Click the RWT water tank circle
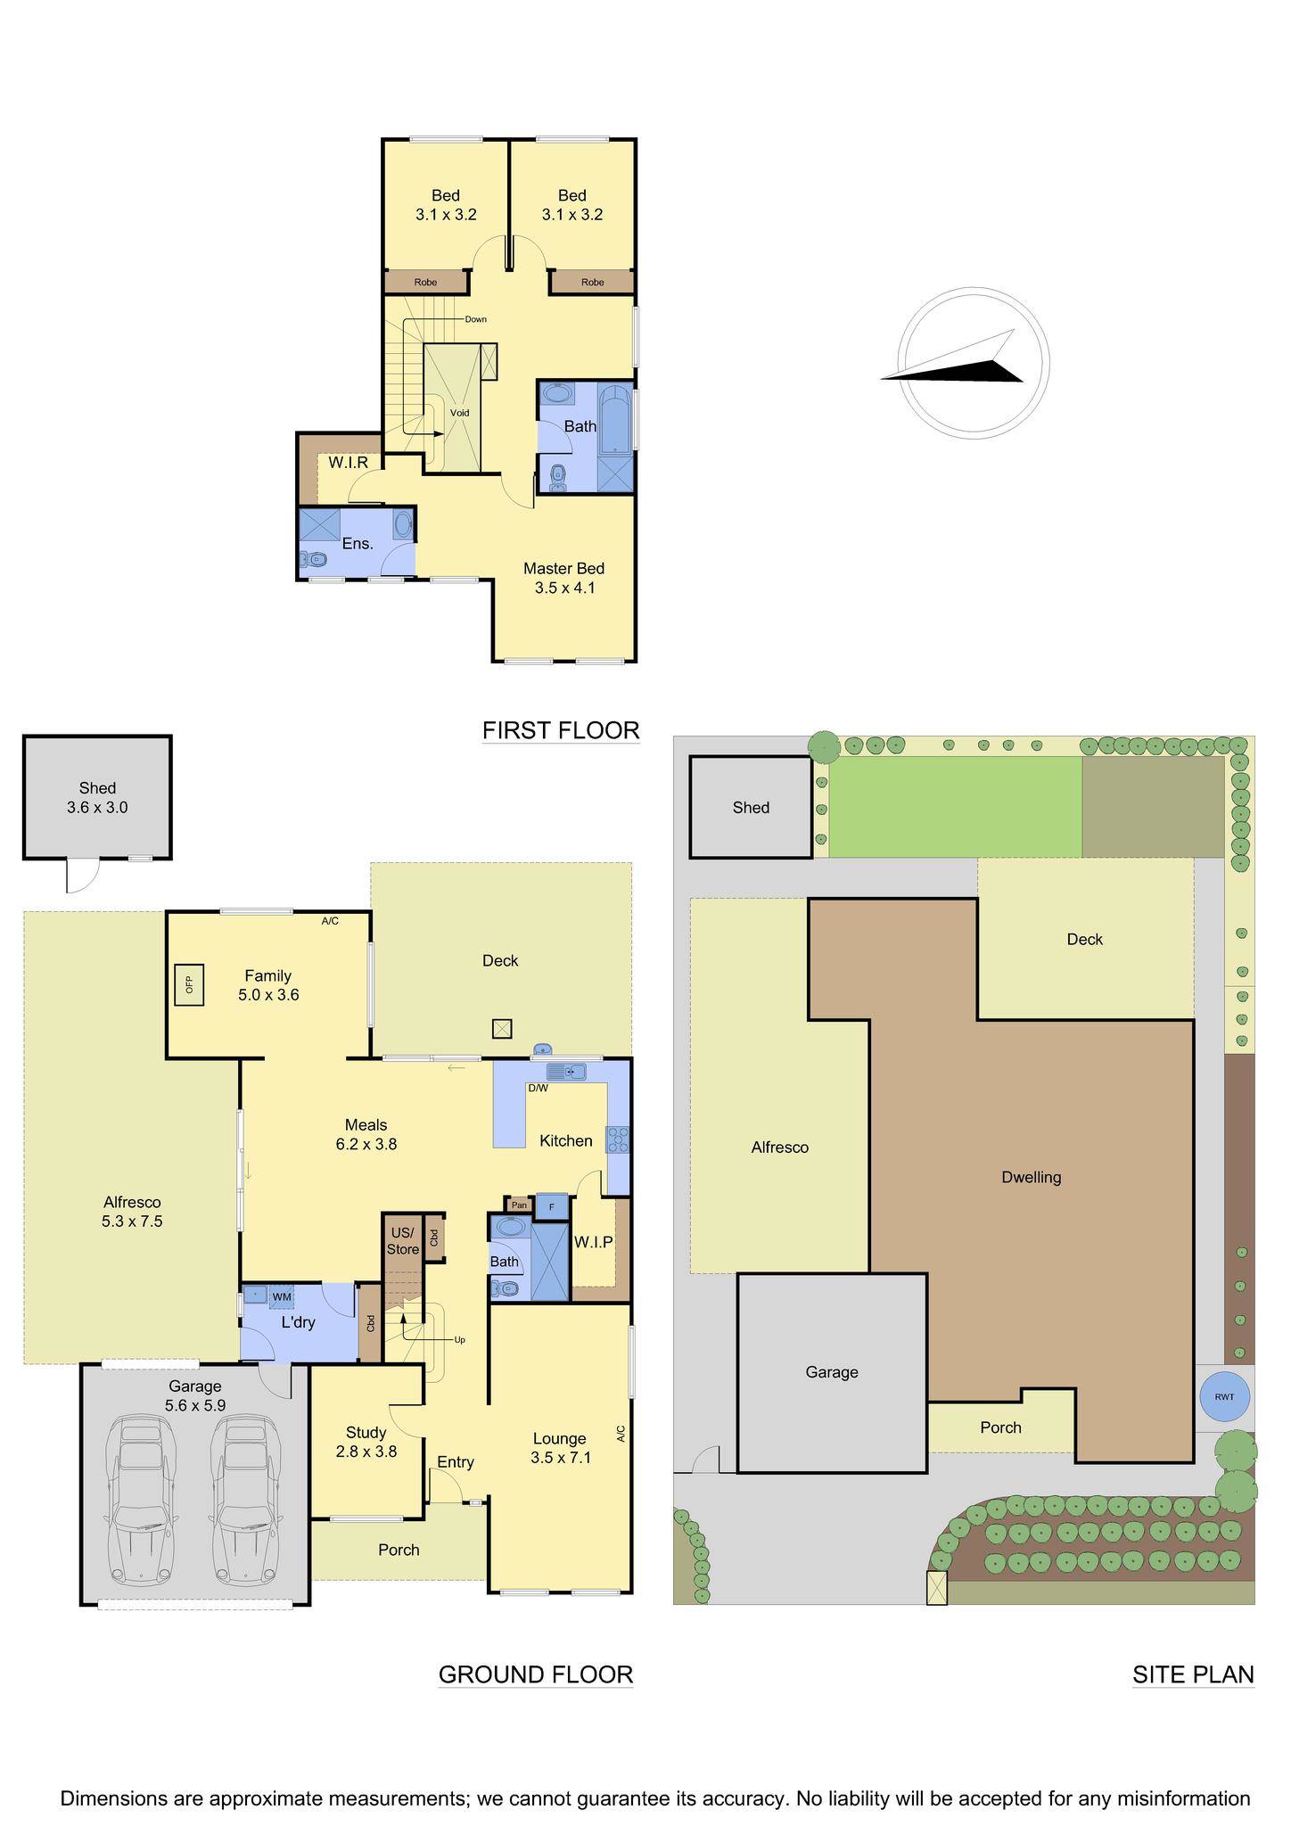(1224, 1397)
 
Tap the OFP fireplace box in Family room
(189, 984)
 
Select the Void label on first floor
(459, 413)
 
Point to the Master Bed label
(563, 569)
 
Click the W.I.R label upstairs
(348, 463)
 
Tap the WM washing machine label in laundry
(282, 1296)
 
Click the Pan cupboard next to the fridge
(519, 1205)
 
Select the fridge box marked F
(552, 1206)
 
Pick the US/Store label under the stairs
(402, 1241)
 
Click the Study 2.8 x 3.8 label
(366, 1442)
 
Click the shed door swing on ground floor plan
(78, 876)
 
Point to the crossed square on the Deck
(503, 1029)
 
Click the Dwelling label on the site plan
(1032, 1177)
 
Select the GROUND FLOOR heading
(535, 1674)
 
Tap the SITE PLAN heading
(1193, 1674)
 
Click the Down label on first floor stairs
(475, 319)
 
